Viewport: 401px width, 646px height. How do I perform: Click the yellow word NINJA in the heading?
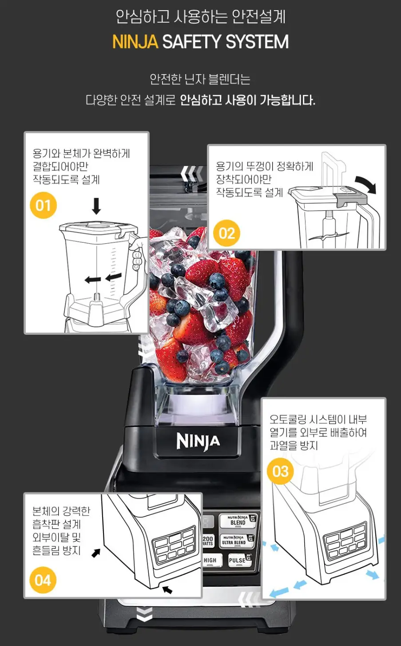coord(135,42)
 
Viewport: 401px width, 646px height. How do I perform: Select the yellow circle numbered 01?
coord(43,205)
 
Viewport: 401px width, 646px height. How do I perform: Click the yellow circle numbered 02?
coord(226,233)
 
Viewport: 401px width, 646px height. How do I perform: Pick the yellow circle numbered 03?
coord(280,471)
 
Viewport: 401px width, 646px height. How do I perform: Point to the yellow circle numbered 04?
coord(43,580)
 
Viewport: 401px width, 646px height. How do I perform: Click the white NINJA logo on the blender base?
coord(198,441)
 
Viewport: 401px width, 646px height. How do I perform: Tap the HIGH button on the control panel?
coord(210,560)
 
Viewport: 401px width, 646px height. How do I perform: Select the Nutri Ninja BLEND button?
coord(238,521)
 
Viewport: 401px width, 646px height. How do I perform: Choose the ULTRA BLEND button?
coord(234,540)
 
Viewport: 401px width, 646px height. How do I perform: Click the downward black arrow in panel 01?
coord(96,206)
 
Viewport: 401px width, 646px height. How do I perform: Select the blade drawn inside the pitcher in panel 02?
coord(329,236)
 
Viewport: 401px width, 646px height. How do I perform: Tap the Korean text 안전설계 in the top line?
coord(259,17)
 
